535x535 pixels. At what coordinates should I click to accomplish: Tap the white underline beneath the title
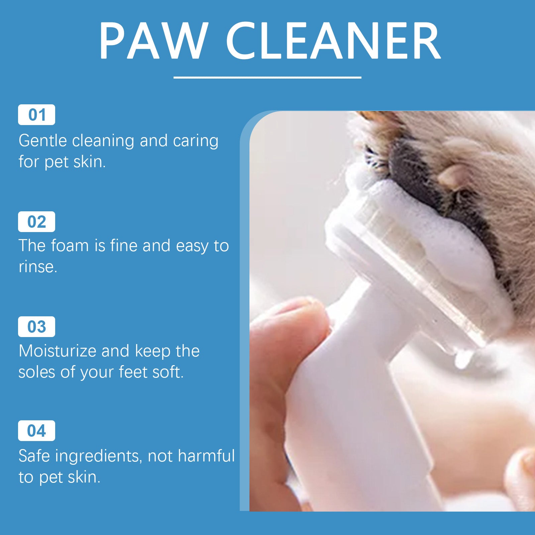coord(267,78)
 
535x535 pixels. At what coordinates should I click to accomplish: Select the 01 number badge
coord(36,115)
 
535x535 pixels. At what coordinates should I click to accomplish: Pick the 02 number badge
coord(36,222)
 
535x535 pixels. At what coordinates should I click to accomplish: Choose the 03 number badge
coord(36,327)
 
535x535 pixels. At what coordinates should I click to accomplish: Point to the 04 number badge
coord(36,431)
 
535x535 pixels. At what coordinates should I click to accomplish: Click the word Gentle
coord(42,141)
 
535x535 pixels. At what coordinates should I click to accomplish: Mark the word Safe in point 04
coord(34,456)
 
